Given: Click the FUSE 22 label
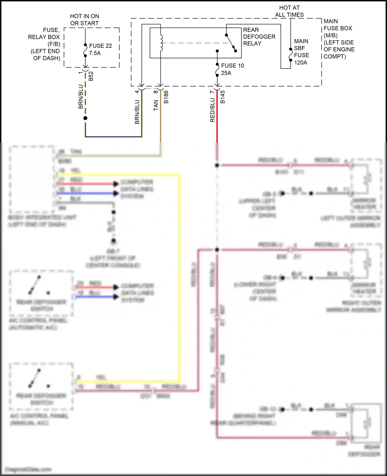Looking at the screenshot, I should click(x=100, y=46).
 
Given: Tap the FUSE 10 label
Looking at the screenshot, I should click(x=232, y=66).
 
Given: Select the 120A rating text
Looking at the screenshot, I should click(x=300, y=63).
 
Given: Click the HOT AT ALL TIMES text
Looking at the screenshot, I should click(x=289, y=11).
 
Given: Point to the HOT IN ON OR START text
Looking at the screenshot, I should click(x=84, y=20).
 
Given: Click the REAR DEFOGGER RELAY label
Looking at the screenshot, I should click(x=259, y=37).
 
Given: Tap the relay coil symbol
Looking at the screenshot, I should click(x=162, y=43).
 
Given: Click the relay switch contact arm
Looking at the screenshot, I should click(x=230, y=43).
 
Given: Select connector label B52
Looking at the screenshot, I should click(x=91, y=76).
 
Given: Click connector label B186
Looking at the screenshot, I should click(x=166, y=97).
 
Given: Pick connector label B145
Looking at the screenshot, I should click(x=223, y=97).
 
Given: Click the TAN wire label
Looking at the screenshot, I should click(x=156, y=105).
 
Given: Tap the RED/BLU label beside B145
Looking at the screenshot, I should click(x=212, y=110).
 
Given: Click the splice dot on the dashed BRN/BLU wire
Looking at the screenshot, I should click(x=85, y=118).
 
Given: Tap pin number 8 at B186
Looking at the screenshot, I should click(x=156, y=92).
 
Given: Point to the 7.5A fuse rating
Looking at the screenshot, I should click(x=95, y=53).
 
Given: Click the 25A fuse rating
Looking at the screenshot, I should click(x=226, y=73).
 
